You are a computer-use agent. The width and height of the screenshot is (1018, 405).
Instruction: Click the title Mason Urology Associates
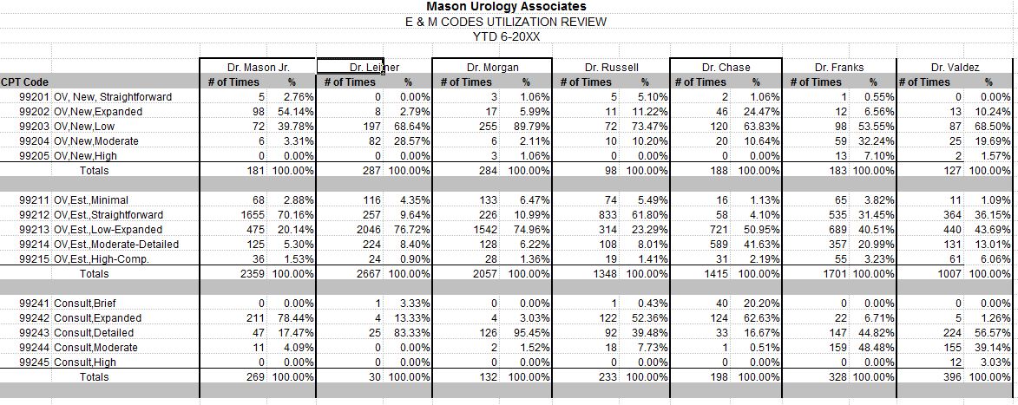click(506, 7)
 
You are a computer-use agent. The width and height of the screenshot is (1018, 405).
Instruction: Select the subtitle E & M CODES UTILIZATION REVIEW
click(506, 22)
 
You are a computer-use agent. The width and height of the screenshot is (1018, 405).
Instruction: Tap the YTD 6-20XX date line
click(506, 36)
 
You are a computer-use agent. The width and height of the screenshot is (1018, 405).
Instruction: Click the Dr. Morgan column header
click(491, 67)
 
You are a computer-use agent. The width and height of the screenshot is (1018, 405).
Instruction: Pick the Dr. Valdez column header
click(955, 67)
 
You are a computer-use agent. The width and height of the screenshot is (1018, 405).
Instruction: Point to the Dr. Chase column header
click(726, 67)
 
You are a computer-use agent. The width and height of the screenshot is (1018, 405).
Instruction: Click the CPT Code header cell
click(24, 82)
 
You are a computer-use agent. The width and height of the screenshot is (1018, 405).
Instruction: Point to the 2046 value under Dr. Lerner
click(371, 230)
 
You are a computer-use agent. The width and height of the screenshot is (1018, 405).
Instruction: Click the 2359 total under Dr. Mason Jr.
click(253, 274)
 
